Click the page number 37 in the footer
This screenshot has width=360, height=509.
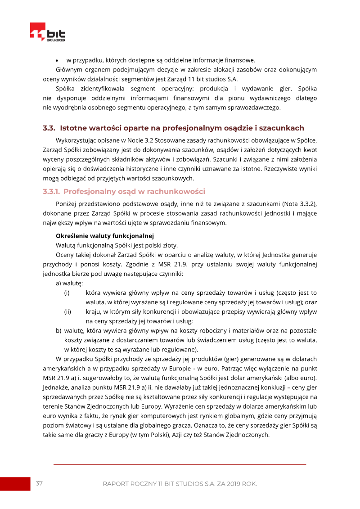click(39, 483)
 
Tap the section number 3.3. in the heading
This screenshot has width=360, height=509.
click(49, 128)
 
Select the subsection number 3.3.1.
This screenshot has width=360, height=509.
click(51, 191)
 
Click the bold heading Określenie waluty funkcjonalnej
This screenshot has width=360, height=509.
click(105, 235)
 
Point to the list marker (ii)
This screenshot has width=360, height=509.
click(67, 311)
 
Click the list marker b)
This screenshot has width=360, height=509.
click(58, 330)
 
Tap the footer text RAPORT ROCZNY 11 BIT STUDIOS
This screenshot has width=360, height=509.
click(180, 484)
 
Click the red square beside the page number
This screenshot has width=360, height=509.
click(15, 484)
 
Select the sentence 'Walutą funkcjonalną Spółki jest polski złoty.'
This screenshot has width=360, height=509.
click(117, 245)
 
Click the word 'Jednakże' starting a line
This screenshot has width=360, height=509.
click(56, 387)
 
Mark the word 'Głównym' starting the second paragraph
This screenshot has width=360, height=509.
click(69, 70)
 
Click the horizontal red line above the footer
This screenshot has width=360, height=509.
click(180, 464)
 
